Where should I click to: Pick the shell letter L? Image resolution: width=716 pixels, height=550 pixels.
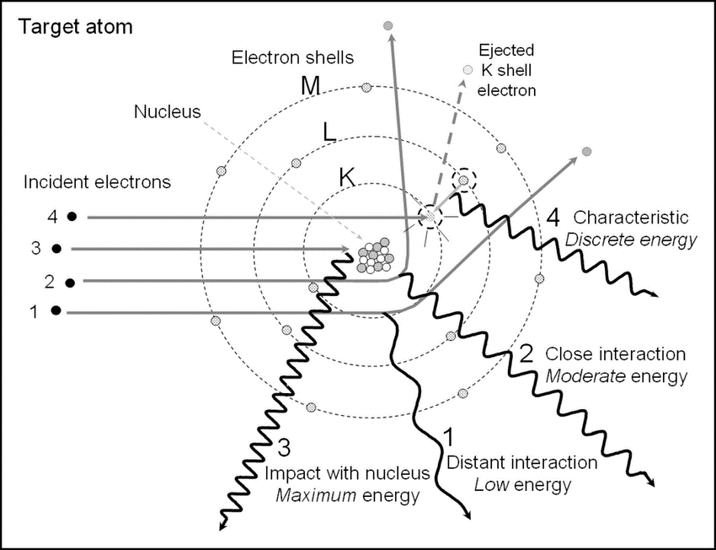330,132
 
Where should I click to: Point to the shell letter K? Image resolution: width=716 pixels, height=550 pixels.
347,177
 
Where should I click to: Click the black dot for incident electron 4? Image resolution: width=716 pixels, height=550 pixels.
73,217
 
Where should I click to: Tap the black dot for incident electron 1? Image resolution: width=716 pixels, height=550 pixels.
56,311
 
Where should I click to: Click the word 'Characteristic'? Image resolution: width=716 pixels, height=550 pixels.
631,218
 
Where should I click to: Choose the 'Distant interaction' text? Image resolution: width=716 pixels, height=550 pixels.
522,462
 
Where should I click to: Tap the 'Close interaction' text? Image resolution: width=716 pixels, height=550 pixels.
616,353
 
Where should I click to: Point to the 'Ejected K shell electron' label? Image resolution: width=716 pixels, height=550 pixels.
505,68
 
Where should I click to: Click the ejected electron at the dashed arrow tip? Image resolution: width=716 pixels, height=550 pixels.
468,70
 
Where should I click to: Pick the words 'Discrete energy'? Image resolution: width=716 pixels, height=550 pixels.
631,240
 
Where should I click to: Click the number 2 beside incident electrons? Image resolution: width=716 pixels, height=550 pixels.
35,281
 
